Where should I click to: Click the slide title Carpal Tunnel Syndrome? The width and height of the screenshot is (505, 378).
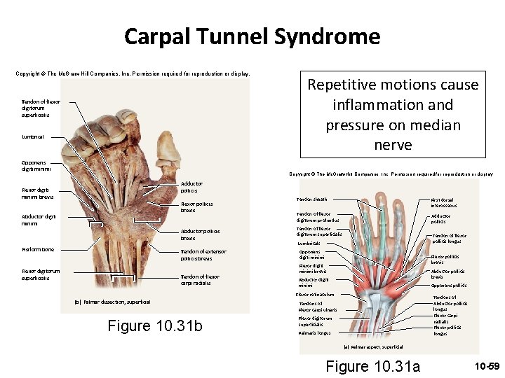(x=252, y=36)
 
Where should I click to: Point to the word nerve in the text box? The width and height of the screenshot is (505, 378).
(x=393, y=146)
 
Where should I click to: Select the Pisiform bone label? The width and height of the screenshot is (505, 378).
(x=38, y=249)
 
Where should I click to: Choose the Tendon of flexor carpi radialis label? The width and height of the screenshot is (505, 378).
(x=200, y=280)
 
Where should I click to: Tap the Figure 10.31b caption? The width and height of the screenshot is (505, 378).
(x=155, y=325)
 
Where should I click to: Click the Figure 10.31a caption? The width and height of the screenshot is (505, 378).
(x=373, y=366)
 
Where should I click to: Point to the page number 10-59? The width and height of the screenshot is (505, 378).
(x=486, y=366)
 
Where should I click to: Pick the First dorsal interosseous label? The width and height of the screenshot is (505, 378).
(x=444, y=202)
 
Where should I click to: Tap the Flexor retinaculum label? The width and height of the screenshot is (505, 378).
(x=315, y=295)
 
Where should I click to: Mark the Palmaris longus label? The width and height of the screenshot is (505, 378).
(x=314, y=333)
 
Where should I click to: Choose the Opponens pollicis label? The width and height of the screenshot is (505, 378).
(x=448, y=285)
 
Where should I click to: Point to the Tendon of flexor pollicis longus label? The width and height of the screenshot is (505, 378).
(x=450, y=239)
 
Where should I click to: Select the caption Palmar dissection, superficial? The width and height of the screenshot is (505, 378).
(x=112, y=302)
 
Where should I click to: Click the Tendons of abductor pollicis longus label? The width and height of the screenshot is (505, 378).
(x=450, y=303)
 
